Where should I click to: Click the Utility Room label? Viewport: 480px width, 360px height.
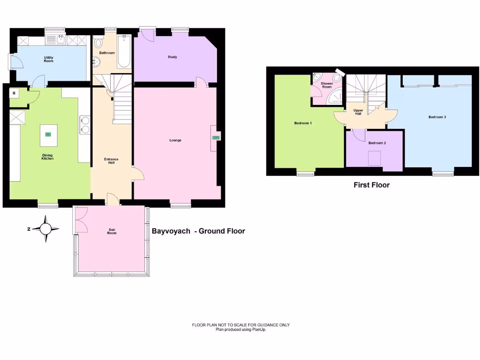48,59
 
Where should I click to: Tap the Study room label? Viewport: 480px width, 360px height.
172,57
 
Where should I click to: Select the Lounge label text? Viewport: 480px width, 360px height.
175,140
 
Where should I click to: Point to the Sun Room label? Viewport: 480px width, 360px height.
112,232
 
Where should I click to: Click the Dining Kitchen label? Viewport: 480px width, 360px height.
47,157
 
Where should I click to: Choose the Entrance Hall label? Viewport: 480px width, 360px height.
111,161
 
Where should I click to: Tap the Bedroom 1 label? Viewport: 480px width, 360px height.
303,123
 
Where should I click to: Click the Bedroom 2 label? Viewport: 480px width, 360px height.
377,143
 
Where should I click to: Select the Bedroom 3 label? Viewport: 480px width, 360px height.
437,117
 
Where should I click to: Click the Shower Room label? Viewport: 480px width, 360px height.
326,85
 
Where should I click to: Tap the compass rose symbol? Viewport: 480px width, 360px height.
45,229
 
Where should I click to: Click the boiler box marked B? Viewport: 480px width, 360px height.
14,93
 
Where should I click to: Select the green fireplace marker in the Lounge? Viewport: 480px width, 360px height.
216,137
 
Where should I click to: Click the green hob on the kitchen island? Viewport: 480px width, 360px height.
47,134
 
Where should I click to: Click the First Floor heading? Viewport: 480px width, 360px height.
371,185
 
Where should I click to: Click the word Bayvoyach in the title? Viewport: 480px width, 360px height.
171,231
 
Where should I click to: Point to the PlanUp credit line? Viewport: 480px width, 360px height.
241,330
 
